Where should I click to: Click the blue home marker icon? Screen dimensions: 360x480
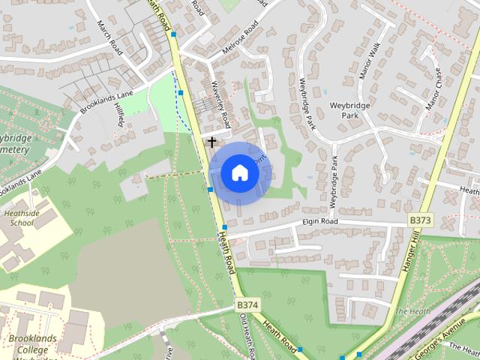240,172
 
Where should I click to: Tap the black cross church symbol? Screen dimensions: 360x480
212,141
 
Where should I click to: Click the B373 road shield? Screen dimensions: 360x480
421,220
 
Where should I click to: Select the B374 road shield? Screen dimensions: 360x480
247,305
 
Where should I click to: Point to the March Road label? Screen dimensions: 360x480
109,36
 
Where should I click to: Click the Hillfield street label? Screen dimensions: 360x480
120,115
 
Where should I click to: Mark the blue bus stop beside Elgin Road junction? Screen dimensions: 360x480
223,228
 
